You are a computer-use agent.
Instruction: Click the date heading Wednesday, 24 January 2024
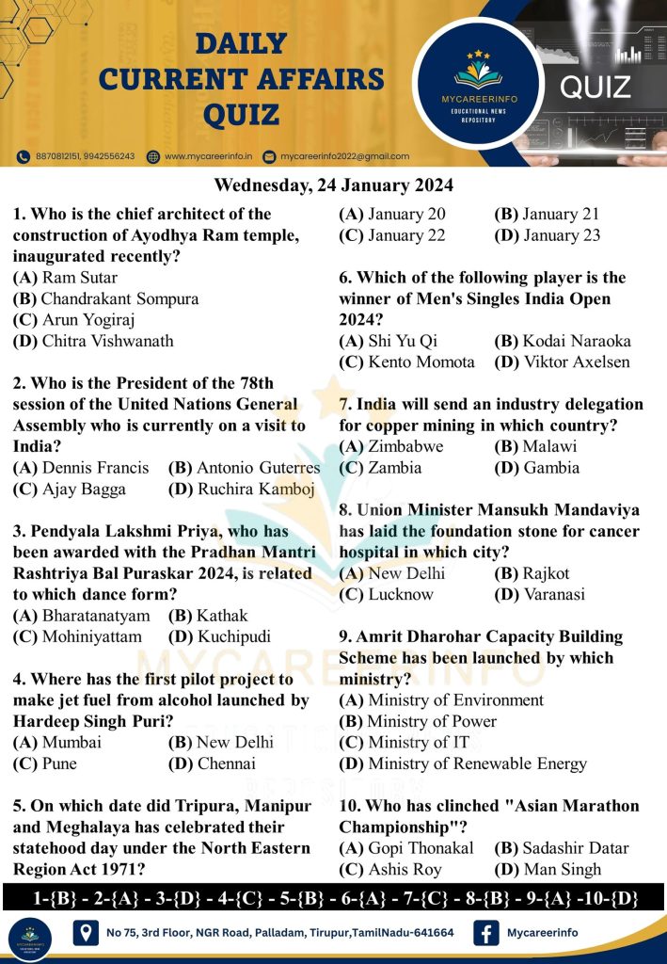pyautogui.click(x=333, y=184)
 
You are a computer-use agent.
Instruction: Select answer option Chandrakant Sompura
pyautogui.click(x=106, y=298)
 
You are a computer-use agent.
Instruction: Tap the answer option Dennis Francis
pyautogui.click(x=81, y=467)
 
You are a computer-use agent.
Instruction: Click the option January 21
pyautogui.click(x=547, y=214)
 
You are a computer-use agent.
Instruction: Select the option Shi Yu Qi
pyautogui.click(x=389, y=341)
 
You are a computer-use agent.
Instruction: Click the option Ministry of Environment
pyautogui.click(x=441, y=699)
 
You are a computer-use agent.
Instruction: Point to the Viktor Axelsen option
pyautogui.click(x=562, y=361)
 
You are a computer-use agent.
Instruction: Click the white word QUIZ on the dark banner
pyautogui.click(x=595, y=88)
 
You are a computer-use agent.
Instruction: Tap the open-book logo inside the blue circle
pyautogui.click(x=485, y=72)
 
